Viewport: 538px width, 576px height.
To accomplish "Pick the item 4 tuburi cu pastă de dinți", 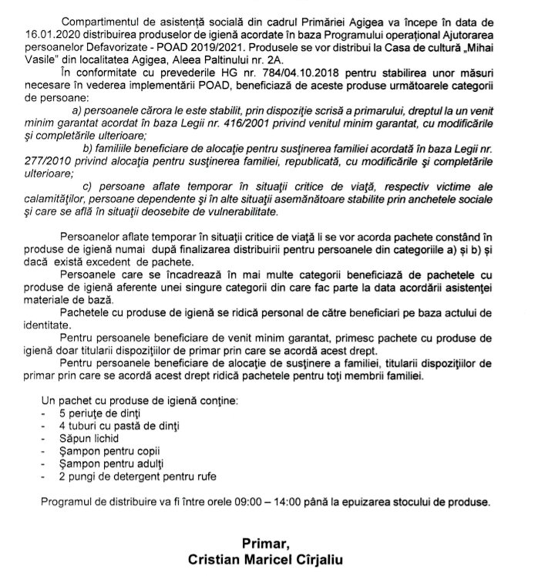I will pos(123,424).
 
